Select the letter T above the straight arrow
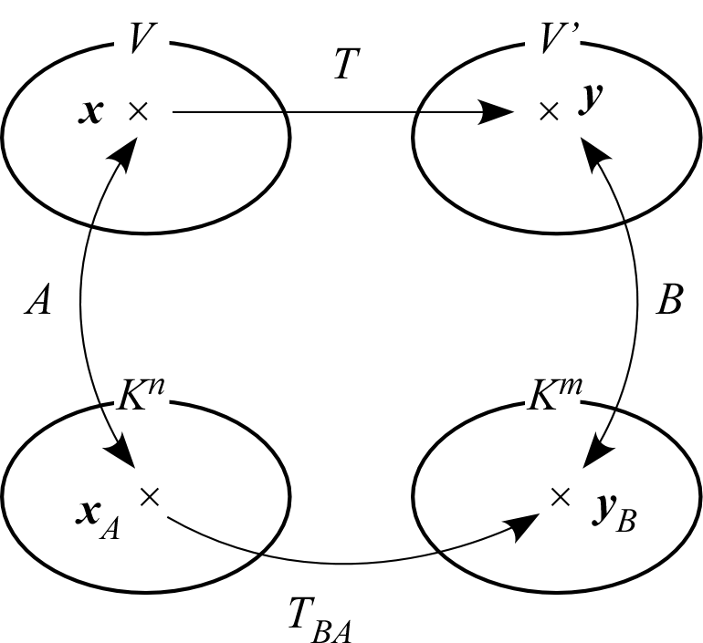coord(343,67)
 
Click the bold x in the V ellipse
coord(92,113)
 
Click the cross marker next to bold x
coord(139,111)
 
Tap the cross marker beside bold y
coord(548,111)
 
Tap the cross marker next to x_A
coord(151,495)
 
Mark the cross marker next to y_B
coord(561,495)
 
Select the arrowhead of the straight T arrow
coord(497,113)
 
